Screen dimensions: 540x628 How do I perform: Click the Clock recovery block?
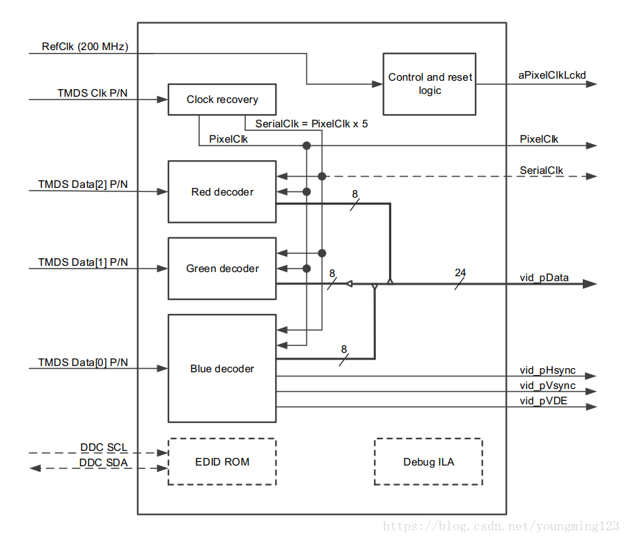pos(222,100)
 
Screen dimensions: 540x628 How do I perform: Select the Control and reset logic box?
pos(430,84)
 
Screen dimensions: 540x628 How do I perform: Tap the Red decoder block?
pos(222,192)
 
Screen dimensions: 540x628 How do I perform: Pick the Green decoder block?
pos(222,269)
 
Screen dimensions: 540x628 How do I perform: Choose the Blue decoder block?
pos(222,369)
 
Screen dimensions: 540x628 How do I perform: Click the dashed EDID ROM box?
pos(222,462)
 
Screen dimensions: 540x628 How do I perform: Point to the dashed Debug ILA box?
pos(428,462)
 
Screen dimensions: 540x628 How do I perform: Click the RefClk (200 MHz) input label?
pos(84,47)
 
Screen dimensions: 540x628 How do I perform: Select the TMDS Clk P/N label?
pos(93,93)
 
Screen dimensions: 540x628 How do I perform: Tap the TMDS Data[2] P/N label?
pos(83,185)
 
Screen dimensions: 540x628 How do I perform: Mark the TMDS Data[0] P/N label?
pos(83,363)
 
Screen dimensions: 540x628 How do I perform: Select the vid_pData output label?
pos(544,278)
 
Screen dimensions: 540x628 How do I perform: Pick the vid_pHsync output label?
pos(547,370)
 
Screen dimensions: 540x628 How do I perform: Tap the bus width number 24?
pos(460,272)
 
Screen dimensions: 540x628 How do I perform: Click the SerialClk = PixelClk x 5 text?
pos(311,124)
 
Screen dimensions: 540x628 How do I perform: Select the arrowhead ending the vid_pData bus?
pos(590,284)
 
